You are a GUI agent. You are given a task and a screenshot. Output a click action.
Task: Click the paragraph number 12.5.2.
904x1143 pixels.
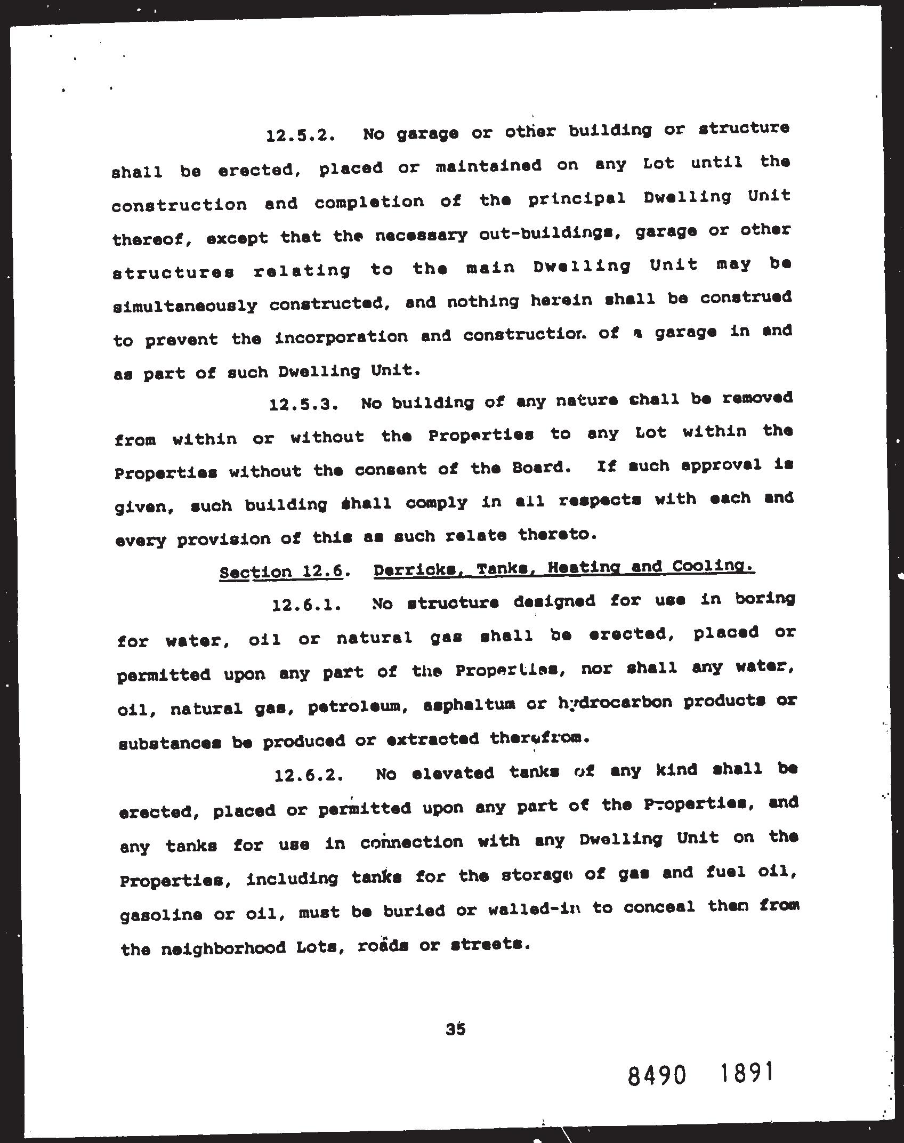[x=300, y=135]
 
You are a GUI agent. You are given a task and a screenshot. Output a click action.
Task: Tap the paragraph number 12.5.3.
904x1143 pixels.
[x=303, y=405]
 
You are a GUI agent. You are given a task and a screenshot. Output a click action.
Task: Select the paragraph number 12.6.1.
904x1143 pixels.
[x=306, y=606]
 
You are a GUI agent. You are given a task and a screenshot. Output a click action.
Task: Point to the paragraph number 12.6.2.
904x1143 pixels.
[x=308, y=775]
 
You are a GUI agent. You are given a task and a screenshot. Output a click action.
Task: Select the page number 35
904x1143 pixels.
[x=456, y=1029]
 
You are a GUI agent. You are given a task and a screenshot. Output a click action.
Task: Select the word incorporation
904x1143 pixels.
[x=341, y=337]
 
